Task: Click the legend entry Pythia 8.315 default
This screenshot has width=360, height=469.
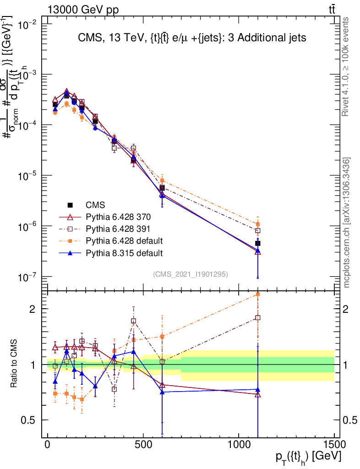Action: tap(124, 253)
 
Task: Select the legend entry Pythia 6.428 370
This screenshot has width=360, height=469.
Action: tap(118, 217)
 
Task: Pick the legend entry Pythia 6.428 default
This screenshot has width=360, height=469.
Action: tap(124, 241)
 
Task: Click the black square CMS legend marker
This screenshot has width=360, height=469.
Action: tap(70, 205)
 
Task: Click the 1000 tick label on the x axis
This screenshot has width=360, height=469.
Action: tap(239, 445)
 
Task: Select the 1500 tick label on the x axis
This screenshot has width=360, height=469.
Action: tap(334, 445)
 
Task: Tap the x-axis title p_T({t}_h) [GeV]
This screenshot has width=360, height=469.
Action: tap(308, 457)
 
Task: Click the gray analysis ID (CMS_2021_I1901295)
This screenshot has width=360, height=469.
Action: tap(191, 274)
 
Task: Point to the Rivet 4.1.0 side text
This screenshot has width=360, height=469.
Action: tap(346, 66)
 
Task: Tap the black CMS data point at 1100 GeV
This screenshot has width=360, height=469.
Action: tap(258, 244)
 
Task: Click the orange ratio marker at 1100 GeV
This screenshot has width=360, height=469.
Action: tap(258, 294)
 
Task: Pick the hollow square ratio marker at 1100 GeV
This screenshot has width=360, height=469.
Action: tap(258, 317)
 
